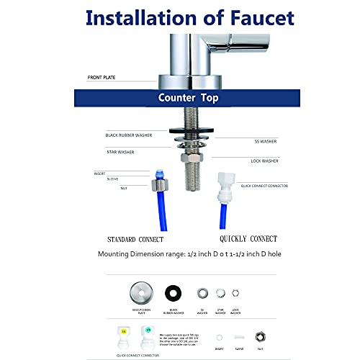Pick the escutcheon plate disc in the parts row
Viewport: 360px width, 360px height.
pos(142,294)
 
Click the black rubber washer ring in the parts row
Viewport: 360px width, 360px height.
pos(173,294)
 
